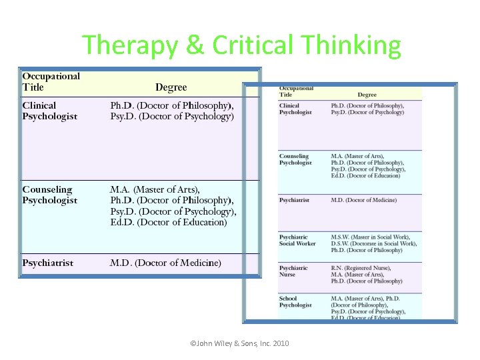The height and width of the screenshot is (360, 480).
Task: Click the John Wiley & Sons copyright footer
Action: click(239, 343)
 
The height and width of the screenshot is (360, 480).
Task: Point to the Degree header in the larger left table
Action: click(171, 87)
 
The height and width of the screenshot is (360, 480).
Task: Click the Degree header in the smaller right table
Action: click(367, 95)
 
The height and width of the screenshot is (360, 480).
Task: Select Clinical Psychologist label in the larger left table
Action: click(49, 111)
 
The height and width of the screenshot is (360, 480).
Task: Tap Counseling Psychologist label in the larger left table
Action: click(49, 195)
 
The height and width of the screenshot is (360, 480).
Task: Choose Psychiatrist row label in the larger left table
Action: click(48, 263)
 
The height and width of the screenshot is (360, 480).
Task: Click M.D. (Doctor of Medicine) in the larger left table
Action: click(165, 263)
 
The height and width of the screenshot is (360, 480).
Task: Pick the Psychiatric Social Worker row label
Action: click(297, 240)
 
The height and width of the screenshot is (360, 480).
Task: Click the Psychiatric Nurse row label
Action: click(293, 271)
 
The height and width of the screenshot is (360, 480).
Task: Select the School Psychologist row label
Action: click(295, 301)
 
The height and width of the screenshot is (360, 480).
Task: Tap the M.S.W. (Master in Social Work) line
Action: click(370, 237)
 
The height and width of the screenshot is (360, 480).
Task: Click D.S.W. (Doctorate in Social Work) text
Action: click(373, 243)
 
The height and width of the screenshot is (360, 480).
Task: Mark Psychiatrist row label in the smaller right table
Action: click(294, 200)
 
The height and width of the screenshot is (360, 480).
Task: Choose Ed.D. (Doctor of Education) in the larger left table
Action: click(169, 222)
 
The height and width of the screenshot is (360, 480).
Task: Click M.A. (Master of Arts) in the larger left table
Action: click(155, 189)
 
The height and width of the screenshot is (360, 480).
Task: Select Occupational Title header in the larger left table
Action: click(51, 81)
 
